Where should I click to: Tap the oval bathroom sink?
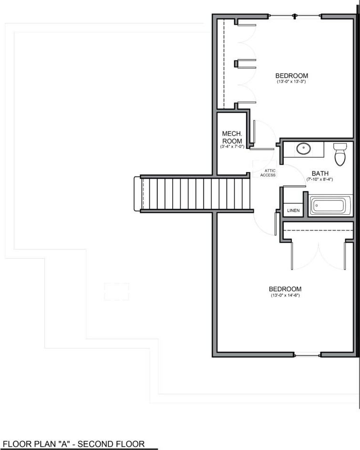303,149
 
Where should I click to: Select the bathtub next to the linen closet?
329,206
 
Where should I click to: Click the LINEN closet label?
293,210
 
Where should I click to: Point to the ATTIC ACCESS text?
267,173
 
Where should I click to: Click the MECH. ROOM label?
232,137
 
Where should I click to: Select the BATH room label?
320,173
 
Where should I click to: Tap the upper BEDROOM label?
291,75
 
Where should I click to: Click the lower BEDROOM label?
285,289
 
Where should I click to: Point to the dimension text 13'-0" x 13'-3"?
291,82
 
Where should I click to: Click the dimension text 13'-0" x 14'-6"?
285,296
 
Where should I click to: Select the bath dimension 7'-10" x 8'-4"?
320,179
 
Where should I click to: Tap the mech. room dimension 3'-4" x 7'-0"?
232,147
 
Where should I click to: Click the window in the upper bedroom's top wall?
296,16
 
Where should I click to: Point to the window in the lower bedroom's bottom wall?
307,355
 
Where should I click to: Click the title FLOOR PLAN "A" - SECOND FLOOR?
74,444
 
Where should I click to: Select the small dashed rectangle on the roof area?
116,292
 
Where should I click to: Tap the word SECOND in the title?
105,444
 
